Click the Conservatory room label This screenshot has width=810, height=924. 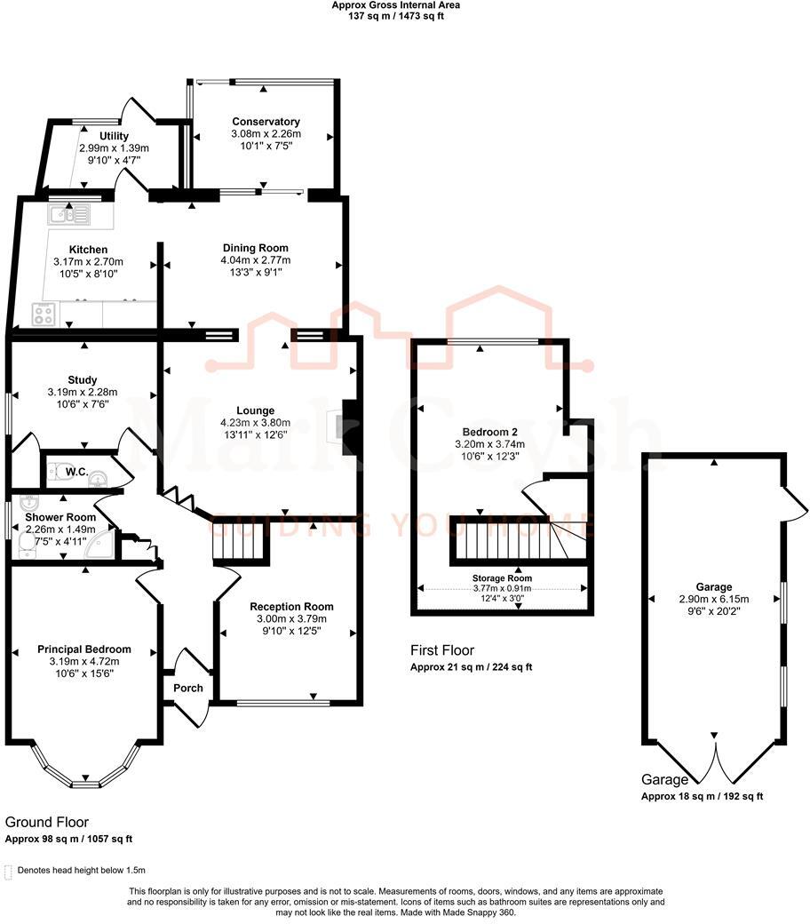[x=266, y=122]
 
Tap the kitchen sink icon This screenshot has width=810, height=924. [x=68, y=213]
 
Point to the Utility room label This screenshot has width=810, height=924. [x=114, y=136]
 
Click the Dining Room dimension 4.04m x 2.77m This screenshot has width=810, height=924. [x=255, y=260]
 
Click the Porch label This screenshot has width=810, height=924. [x=188, y=688]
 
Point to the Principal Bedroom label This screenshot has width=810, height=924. [x=84, y=649]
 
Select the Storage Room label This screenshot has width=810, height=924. [x=502, y=578]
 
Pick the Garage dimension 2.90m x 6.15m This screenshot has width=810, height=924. [x=714, y=600]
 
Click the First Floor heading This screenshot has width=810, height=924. [x=441, y=650]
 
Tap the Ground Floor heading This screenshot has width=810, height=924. [x=47, y=823]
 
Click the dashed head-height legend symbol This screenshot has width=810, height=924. [x=8, y=871]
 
